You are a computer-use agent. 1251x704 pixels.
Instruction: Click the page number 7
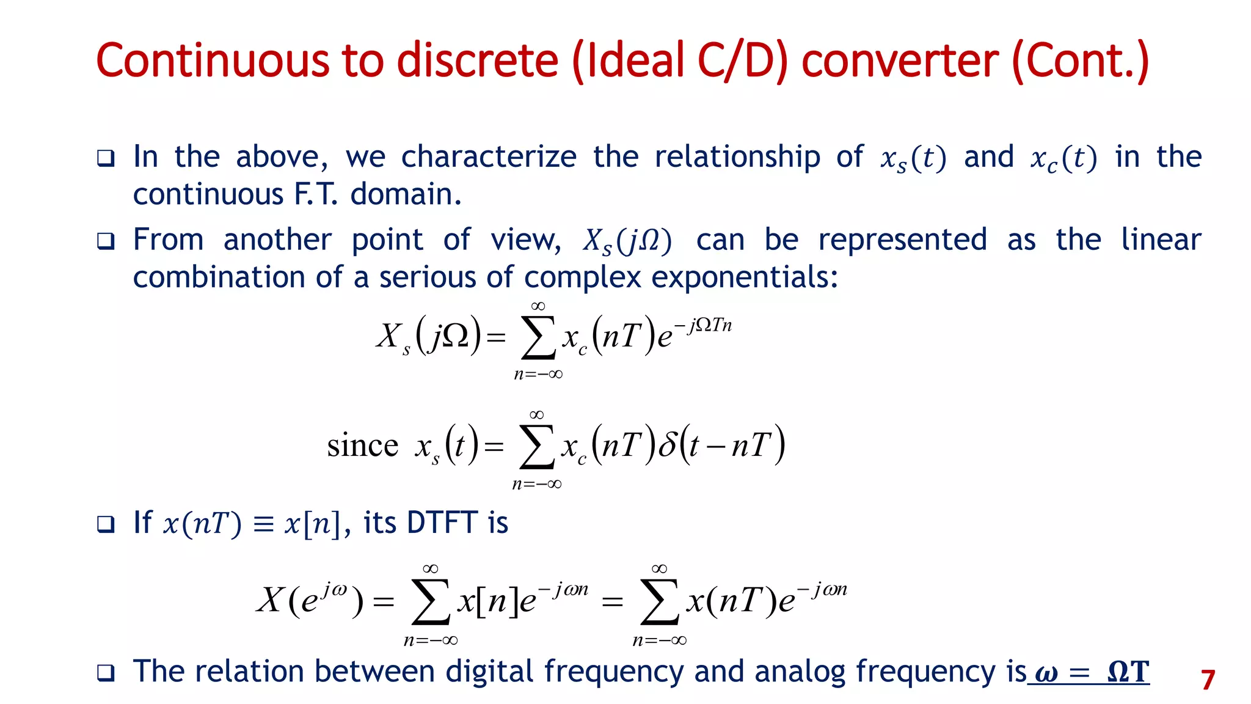[1208, 680]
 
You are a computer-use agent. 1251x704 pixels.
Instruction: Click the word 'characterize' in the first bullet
[489, 157]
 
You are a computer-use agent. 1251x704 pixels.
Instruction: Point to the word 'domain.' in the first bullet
[406, 195]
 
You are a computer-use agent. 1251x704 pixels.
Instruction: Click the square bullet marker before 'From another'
[106, 241]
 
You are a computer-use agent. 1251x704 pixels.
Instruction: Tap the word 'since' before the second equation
[362, 445]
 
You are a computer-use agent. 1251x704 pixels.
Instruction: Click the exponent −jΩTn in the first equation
[702, 325]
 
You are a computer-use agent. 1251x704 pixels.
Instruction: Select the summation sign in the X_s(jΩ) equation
[538, 338]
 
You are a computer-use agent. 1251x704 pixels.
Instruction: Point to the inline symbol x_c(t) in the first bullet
[1063, 158]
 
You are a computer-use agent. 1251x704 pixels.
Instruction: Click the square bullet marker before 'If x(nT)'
[106, 524]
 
